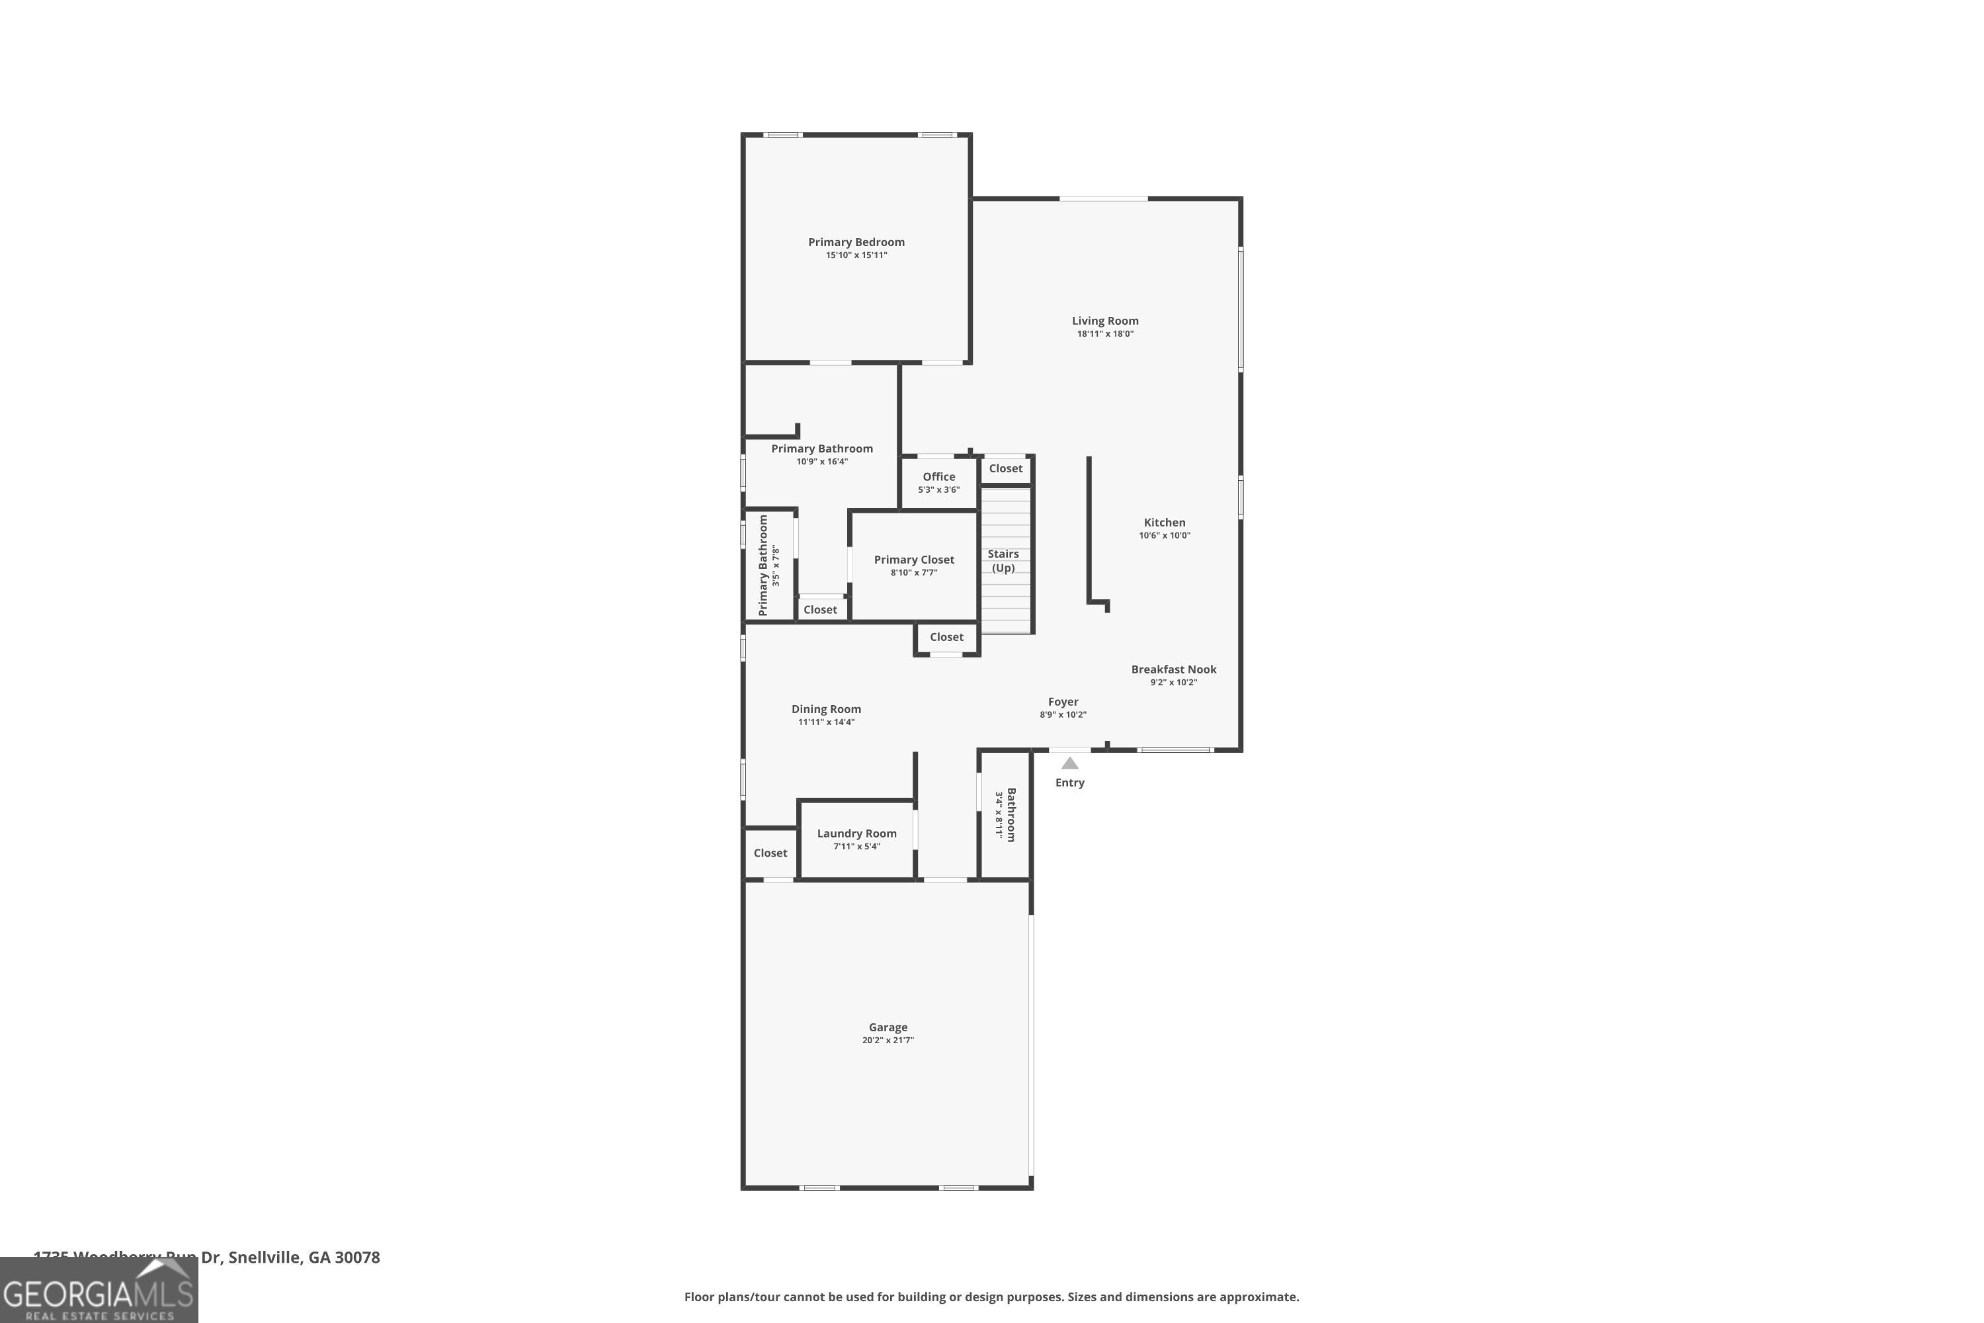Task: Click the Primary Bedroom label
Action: [856, 242]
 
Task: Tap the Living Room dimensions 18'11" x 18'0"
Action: [1105, 334]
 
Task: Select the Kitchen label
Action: [1164, 523]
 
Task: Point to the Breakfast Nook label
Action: [1173, 669]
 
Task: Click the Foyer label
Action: [1063, 701]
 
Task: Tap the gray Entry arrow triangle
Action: [1069, 763]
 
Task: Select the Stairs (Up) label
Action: [1003, 560]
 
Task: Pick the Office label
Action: [939, 477]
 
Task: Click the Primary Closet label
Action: [913, 560]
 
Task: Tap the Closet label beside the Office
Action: [1005, 468]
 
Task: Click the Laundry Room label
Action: [856, 833]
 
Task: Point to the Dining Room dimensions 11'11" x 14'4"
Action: [826, 722]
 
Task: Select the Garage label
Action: [888, 1027]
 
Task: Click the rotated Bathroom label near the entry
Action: [1011, 814]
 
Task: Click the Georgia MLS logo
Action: [99, 1291]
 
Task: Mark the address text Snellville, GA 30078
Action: [304, 1258]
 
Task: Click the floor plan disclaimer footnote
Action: [991, 1297]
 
